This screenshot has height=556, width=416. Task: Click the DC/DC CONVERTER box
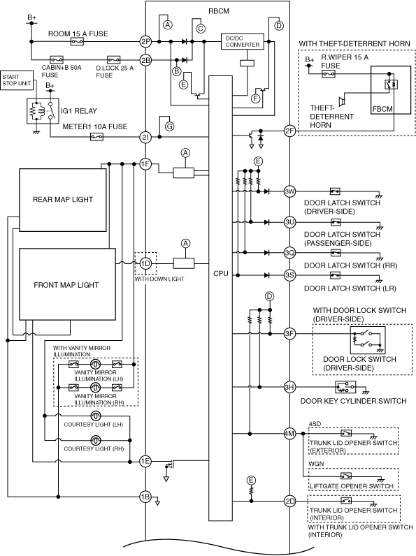click(243, 41)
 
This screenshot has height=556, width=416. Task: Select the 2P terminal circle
click(145, 42)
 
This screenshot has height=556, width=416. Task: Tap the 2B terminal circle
click(145, 60)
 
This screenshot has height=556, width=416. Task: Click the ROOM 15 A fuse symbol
click(77, 42)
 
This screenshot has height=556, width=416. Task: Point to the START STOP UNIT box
click(17, 80)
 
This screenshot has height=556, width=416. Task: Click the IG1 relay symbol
click(43, 111)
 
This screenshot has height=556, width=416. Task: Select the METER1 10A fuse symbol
click(96, 136)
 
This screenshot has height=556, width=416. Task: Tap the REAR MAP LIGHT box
click(63, 200)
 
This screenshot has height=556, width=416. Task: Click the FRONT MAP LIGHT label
click(66, 285)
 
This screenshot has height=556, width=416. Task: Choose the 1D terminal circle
click(145, 263)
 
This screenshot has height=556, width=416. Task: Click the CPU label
click(221, 274)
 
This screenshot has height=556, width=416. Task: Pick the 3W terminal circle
click(289, 191)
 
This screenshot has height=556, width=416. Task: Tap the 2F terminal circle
click(289, 131)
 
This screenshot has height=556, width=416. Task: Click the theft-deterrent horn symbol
click(342, 101)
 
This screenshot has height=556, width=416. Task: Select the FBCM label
click(382, 109)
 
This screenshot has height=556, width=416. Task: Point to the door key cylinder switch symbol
click(345, 387)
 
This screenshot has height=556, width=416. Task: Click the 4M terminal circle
click(289, 433)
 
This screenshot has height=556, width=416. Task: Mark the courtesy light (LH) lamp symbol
click(96, 416)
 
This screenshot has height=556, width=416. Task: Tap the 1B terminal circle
click(145, 497)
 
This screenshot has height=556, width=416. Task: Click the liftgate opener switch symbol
click(346, 476)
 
